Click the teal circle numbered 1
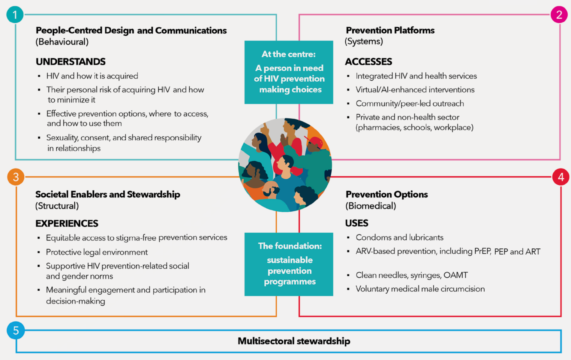pos(15,15)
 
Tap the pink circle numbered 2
pos(559,14)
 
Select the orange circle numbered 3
pos(16,177)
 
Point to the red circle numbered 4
pos(561,177)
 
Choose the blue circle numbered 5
pos(16,330)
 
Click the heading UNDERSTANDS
pos(71,62)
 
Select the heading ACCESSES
pos(368,62)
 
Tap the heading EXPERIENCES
pos(67,223)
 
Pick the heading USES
pos(357,223)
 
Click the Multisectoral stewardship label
pos(294,341)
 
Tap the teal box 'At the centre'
pos(289,72)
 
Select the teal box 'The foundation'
pos(289,264)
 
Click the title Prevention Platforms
pos(390,30)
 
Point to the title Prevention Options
pos(387,194)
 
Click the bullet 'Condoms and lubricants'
pos(399,237)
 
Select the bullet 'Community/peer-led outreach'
pos(410,104)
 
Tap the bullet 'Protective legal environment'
pos(97,252)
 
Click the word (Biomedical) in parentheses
pos(371,206)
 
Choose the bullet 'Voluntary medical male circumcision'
pos(420,289)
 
